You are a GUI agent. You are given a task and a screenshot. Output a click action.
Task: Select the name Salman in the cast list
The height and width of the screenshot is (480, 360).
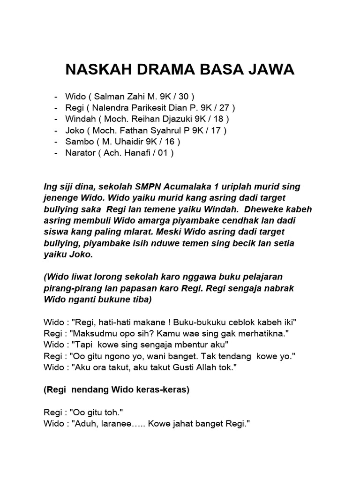(110, 97)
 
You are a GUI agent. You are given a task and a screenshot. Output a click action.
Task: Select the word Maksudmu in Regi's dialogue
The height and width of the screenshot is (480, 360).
(90, 334)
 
